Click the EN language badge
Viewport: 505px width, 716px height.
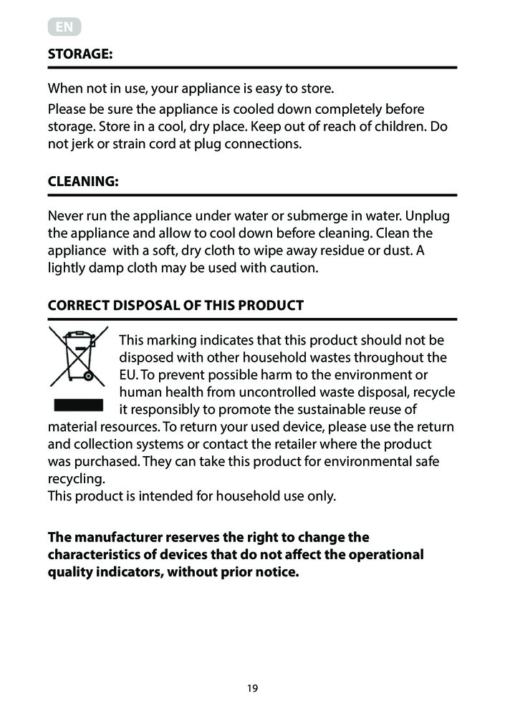click(64, 27)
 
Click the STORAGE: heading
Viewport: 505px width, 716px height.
click(80, 54)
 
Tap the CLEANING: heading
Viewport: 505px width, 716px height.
click(82, 182)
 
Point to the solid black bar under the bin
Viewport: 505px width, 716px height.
click(78, 405)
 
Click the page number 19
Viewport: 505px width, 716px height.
click(252, 689)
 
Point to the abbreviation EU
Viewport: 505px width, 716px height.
click(128, 374)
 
